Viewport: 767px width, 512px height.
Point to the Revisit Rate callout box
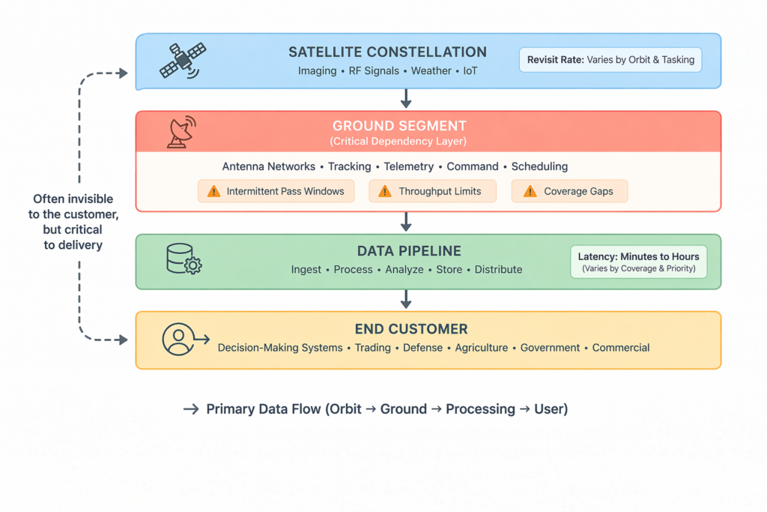pos(610,60)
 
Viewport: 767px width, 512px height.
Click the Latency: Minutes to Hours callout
pos(638,262)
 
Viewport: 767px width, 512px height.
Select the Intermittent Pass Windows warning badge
pos(276,191)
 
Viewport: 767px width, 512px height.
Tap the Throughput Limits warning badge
pos(432,191)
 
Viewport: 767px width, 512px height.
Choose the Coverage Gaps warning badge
pos(569,191)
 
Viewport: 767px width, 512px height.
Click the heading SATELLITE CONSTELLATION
pos(387,52)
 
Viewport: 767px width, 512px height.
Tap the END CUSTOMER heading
pos(411,329)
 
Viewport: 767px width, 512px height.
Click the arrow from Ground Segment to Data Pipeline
pos(406,222)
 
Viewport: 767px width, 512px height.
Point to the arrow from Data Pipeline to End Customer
pos(406,299)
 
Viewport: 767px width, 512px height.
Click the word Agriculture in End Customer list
pos(477,348)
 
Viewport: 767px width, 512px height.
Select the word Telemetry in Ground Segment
pos(409,166)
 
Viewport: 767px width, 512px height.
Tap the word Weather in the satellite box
pos(431,71)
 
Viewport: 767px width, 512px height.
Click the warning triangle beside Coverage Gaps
pos(530,191)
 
